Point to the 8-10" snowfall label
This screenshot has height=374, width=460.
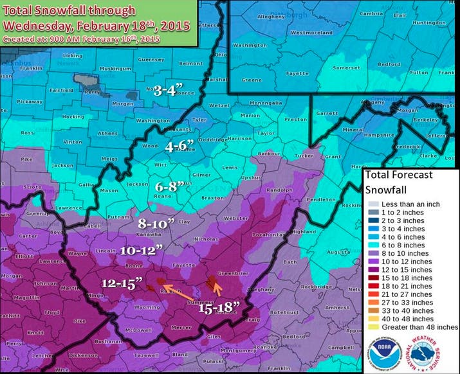tap(156, 224)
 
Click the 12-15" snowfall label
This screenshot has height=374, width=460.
tap(120, 284)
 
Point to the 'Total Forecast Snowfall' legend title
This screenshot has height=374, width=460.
tap(397, 182)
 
